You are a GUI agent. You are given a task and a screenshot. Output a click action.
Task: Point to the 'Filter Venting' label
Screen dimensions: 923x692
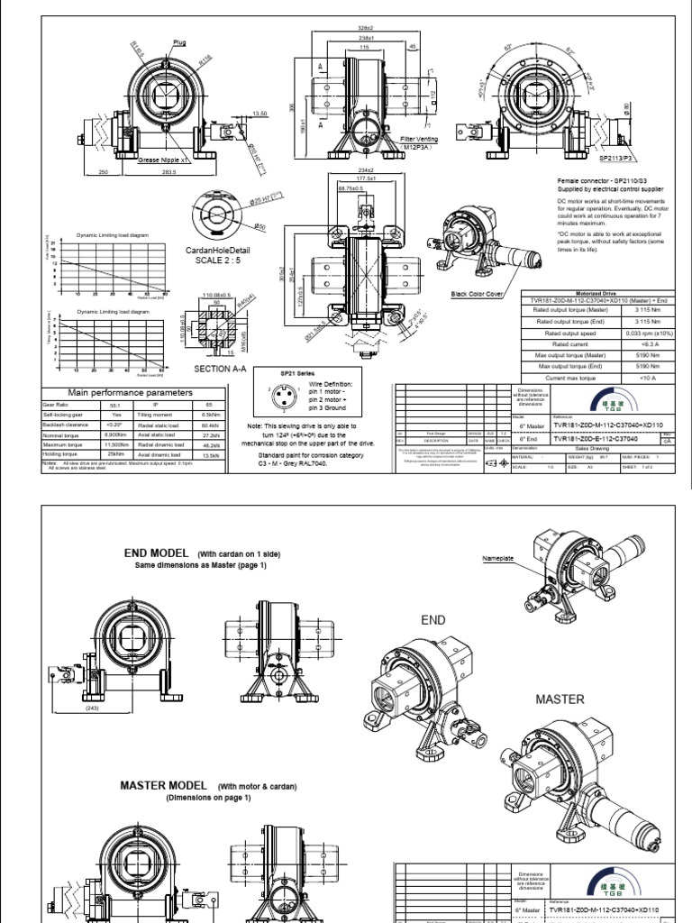point(418,141)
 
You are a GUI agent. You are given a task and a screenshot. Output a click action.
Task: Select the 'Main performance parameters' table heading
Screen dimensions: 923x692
point(132,392)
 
